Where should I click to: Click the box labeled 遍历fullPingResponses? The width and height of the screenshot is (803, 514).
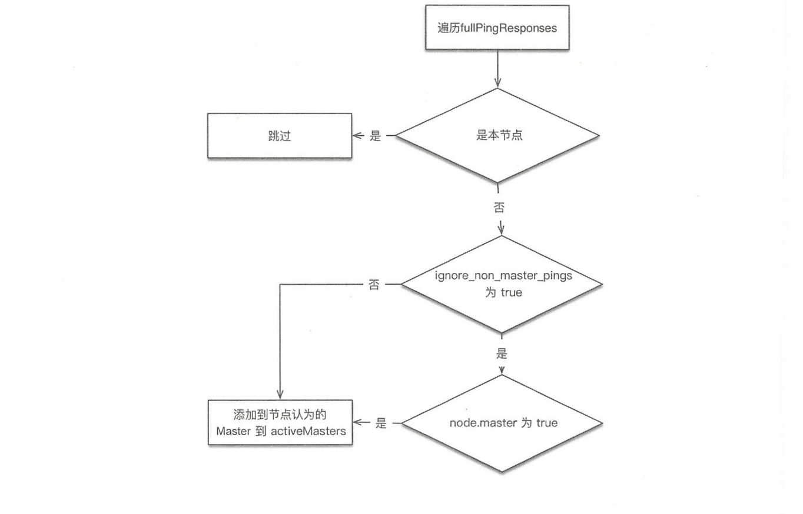coord(497,28)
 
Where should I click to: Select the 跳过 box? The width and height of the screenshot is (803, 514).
coord(280,136)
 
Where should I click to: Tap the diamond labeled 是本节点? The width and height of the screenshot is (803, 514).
coord(497,136)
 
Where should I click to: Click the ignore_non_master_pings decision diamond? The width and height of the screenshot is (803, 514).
coord(501,285)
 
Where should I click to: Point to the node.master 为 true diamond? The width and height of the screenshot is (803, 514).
coord(502,423)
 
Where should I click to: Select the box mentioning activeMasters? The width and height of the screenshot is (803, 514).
coord(280,423)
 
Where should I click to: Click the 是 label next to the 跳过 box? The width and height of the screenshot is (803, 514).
coord(375,136)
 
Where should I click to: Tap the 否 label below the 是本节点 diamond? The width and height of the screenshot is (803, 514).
coord(499,208)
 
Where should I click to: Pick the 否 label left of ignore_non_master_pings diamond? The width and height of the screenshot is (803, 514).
coord(374,285)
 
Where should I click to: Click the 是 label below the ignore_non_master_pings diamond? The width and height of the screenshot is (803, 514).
coord(502,355)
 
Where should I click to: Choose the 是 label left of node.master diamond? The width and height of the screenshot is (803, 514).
coord(380,423)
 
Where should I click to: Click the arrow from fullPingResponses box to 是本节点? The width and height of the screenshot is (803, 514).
coord(498,68)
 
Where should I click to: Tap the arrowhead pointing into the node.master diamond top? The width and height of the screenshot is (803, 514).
coord(502,371)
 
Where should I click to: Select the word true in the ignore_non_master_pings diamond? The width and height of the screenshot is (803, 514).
coord(511,293)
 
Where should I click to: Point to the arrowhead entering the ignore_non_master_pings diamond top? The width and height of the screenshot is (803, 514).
coord(501,229)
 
